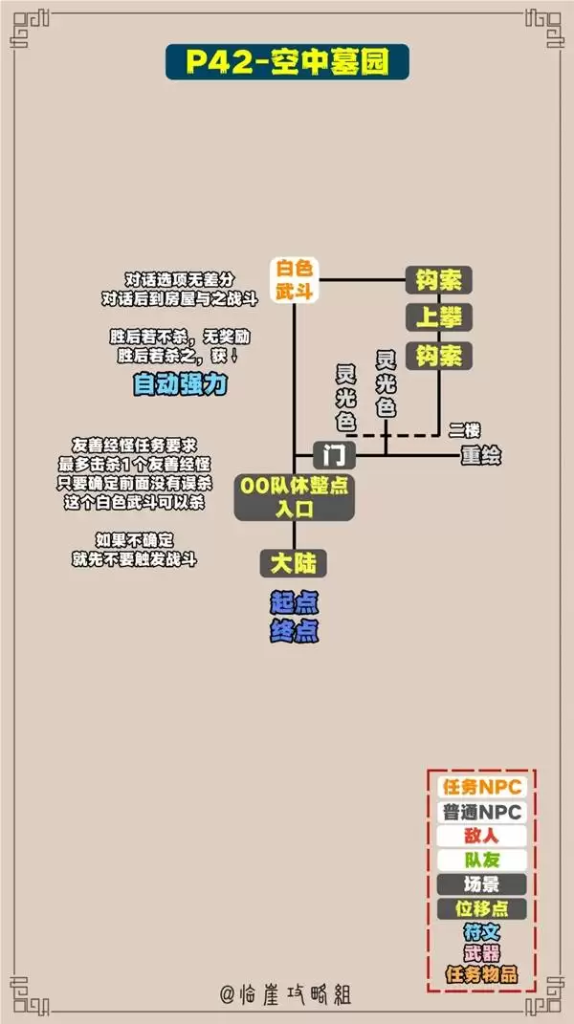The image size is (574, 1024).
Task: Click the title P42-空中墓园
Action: pyautogui.click(x=287, y=62)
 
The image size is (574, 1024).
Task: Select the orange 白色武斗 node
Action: pyautogui.click(x=295, y=279)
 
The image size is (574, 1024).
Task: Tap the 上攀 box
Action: pyautogui.click(x=439, y=318)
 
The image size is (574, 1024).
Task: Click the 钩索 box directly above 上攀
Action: pyautogui.click(x=439, y=280)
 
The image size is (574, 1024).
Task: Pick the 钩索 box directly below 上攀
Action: pyautogui.click(x=439, y=356)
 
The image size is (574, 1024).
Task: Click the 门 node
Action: pyautogui.click(x=335, y=454)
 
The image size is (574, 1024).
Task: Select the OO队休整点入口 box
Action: pyautogui.click(x=295, y=497)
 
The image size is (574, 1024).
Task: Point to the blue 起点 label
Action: pyautogui.click(x=295, y=603)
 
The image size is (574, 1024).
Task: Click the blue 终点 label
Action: pyautogui.click(x=295, y=631)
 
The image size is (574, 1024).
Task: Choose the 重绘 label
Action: pyautogui.click(x=481, y=455)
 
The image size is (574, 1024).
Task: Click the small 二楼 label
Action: pyautogui.click(x=464, y=430)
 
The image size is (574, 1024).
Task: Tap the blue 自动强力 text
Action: pyautogui.click(x=180, y=384)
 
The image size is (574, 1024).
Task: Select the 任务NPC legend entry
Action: pyautogui.click(x=482, y=788)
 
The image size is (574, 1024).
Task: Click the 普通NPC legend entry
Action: pyautogui.click(x=482, y=812)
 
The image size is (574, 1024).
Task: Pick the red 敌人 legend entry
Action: pyautogui.click(x=482, y=836)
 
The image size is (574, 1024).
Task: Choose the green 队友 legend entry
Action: pyautogui.click(x=482, y=861)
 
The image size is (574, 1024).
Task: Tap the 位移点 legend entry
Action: pyautogui.click(x=482, y=908)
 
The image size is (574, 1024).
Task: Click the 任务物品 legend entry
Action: pyautogui.click(x=482, y=975)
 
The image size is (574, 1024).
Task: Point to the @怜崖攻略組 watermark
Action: pyautogui.click(x=286, y=994)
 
